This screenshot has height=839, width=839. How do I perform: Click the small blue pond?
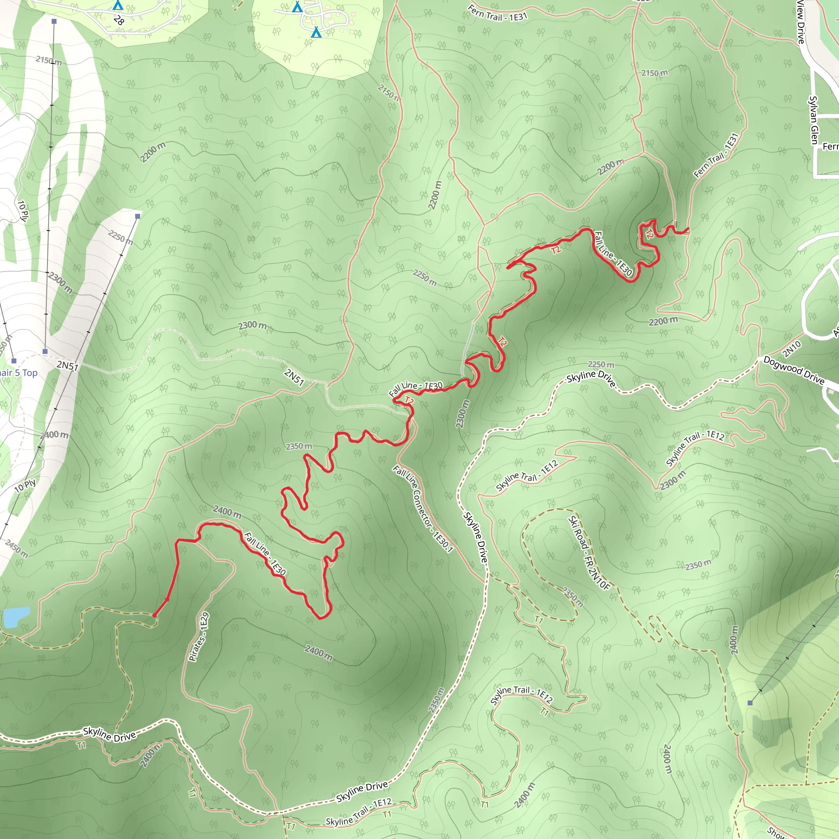[x=16, y=617]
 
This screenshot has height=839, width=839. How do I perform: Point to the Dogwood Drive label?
[x=794, y=370]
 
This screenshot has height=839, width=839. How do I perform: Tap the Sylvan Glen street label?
[x=814, y=120]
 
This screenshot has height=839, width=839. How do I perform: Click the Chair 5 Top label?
[x=17, y=373]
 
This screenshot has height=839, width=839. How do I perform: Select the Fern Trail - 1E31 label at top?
[x=497, y=13]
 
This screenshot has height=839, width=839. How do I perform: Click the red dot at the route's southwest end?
[x=154, y=615]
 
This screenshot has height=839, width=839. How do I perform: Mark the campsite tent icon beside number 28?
[x=118, y=5]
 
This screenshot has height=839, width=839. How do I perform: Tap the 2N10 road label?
[x=791, y=349]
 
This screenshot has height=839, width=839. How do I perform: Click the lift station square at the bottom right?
[x=750, y=703]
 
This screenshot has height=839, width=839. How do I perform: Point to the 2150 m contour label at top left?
[x=49, y=60]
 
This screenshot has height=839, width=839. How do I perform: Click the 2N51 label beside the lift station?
[x=67, y=366]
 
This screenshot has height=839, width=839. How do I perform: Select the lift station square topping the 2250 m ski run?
[x=138, y=216]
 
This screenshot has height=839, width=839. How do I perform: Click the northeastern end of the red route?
[x=688, y=229]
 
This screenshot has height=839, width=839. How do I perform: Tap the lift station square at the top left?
[x=54, y=21]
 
